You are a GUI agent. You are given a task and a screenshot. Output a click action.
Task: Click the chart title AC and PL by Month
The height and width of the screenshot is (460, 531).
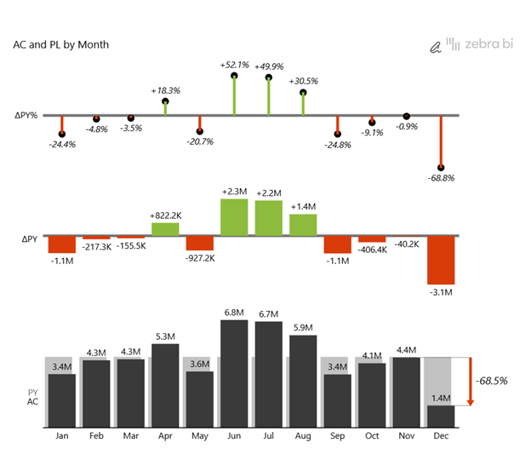coord(60,44)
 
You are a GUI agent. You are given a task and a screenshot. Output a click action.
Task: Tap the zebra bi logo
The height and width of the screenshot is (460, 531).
coord(471,44)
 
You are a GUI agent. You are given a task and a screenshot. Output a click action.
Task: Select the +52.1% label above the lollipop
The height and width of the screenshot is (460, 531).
coord(234,65)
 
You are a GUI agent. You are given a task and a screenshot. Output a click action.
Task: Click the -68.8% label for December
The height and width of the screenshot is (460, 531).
coord(441,178)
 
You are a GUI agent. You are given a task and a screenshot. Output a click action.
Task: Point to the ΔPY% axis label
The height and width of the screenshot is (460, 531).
coord(26,115)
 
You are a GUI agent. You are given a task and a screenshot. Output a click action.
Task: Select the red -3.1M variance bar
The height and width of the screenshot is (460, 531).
coord(441,261)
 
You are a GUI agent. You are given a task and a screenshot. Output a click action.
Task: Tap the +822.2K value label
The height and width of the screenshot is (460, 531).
coord(165,216)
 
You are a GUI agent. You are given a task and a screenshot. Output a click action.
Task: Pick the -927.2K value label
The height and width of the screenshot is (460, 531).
coord(199,257)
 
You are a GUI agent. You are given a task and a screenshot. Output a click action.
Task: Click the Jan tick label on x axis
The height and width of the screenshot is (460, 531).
coord(61,436)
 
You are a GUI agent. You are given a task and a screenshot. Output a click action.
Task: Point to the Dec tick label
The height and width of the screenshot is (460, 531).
coord(441,436)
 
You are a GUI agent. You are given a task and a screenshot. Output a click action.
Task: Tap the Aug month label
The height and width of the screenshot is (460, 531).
coord(303,436)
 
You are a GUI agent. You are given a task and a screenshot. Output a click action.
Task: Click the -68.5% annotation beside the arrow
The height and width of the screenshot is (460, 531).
coord(492,381)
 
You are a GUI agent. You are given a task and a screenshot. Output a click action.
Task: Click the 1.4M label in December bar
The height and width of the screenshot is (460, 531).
coord(441,398)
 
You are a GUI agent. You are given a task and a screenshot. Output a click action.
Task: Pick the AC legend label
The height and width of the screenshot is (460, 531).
coord(32,401)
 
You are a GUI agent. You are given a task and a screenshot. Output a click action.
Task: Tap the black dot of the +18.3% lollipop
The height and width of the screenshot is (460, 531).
coord(165,102)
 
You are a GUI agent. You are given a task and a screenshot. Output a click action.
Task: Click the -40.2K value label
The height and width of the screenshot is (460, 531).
coord(406,244)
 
